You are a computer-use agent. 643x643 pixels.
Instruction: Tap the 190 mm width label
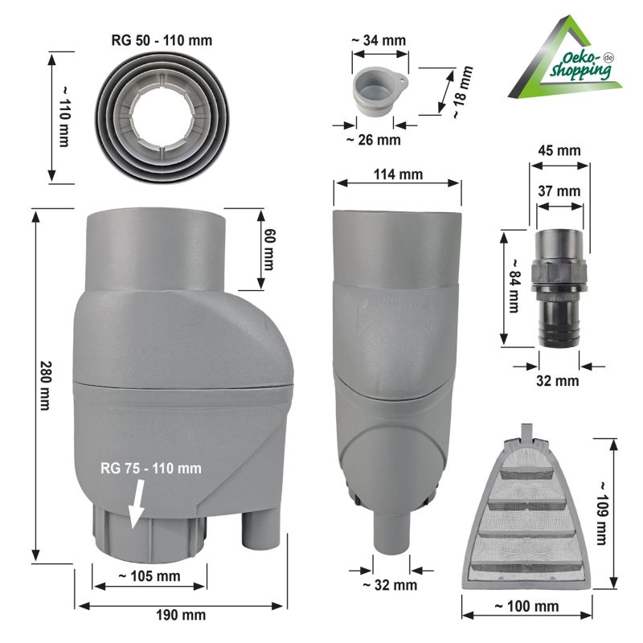tap(181, 615)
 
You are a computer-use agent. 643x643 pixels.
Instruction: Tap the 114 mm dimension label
tap(398, 174)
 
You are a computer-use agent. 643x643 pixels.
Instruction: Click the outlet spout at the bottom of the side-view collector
tap(392, 534)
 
